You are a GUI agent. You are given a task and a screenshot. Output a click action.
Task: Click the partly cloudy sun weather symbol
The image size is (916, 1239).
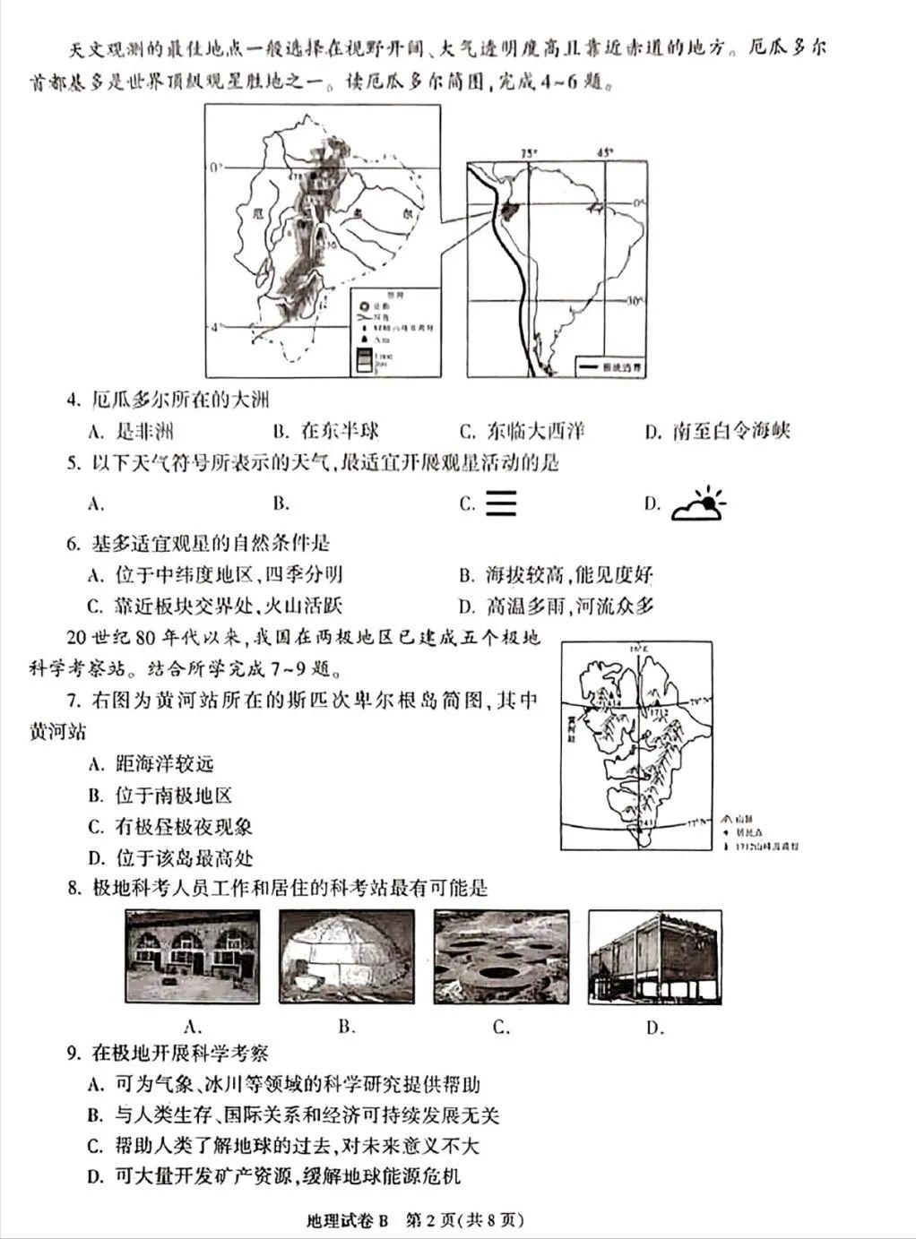699,503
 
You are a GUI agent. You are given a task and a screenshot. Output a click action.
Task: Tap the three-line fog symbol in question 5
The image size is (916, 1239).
501,503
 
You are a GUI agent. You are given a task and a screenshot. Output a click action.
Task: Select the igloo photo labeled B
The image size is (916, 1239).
347,956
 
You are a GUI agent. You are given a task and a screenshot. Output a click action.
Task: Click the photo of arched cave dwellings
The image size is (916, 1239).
193,956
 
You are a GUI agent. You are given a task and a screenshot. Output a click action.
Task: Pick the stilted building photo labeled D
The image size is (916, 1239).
654,956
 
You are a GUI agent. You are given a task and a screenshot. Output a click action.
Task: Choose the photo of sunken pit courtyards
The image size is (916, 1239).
501,956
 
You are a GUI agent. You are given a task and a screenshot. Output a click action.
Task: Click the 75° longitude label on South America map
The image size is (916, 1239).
530,153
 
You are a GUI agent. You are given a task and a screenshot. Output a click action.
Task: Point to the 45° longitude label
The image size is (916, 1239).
606,152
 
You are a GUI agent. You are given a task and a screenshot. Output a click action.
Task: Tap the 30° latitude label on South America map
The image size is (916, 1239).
635,301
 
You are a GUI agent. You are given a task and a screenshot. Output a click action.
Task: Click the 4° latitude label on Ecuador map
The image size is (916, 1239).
213,327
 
